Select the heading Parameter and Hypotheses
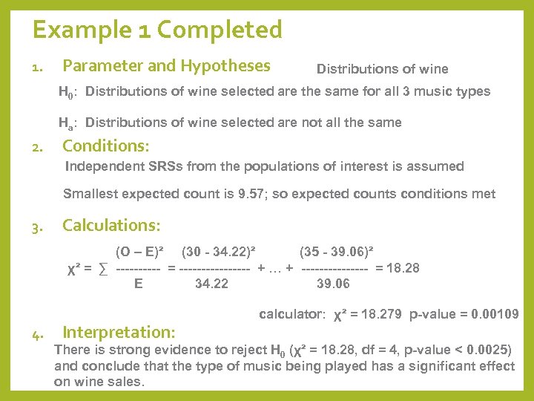(x=166, y=66)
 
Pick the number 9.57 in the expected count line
(x=241, y=195)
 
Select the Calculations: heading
(x=111, y=225)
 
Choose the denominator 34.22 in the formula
(x=211, y=283)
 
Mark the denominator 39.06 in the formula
(x=334, y=283)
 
